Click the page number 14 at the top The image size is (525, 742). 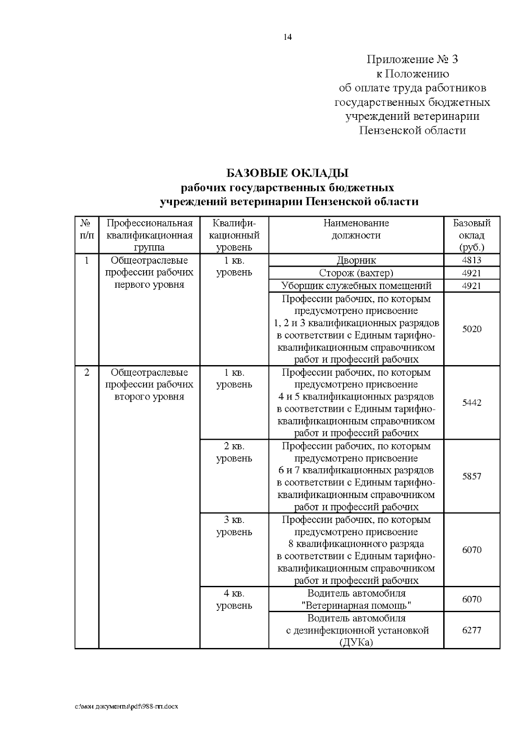click(x=287, y=37)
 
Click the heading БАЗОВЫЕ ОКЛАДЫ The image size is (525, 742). click(x=287, y=173)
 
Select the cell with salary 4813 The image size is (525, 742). click(x=471, y=261)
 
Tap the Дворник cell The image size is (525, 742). click(x=356, y=261)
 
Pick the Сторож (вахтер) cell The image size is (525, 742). click(x=356, y=273)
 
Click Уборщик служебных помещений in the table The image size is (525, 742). click(x=356, y=286)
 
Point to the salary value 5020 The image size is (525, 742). click(x=471, y=329)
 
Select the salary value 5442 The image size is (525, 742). click(x=471, y=403)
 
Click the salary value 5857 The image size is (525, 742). click(x=471, y=476)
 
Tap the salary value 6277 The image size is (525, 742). click(x=471, y=630)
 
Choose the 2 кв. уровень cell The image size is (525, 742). click(x=234, y=453)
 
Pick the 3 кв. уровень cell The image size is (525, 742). click(x=234, y=526)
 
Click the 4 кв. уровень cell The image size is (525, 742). click(x=234, y=599)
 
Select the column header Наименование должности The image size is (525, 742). click(x=356, y=229)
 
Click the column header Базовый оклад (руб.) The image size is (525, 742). click(x=471, y=235)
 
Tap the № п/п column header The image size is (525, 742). click(x=87, y=229)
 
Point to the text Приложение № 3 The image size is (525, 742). click(x=412, y=59)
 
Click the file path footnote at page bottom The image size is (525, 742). click(x=126, y=707)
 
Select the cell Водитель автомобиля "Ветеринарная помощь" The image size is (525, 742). click(x=356, y=599)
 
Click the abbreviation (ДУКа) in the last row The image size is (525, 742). click(x=356, y=643)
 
